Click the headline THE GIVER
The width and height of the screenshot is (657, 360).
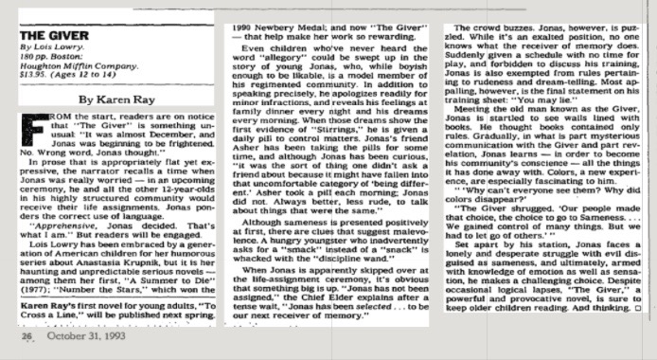click(x=43, y=33)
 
